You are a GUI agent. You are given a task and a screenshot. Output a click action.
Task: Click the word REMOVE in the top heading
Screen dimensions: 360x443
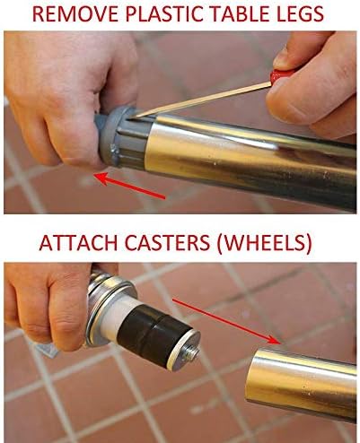pos(75,13)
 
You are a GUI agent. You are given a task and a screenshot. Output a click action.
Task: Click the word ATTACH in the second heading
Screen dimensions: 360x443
pos(78,243)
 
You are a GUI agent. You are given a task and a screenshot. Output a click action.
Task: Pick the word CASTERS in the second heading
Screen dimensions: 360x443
pos(168,243)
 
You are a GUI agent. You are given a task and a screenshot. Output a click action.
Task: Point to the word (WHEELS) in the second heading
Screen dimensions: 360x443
pos(265,244)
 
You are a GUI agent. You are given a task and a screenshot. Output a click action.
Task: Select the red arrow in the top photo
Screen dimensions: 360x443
pos(129,186)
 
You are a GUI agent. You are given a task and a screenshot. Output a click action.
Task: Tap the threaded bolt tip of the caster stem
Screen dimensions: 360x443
pos(190,354)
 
